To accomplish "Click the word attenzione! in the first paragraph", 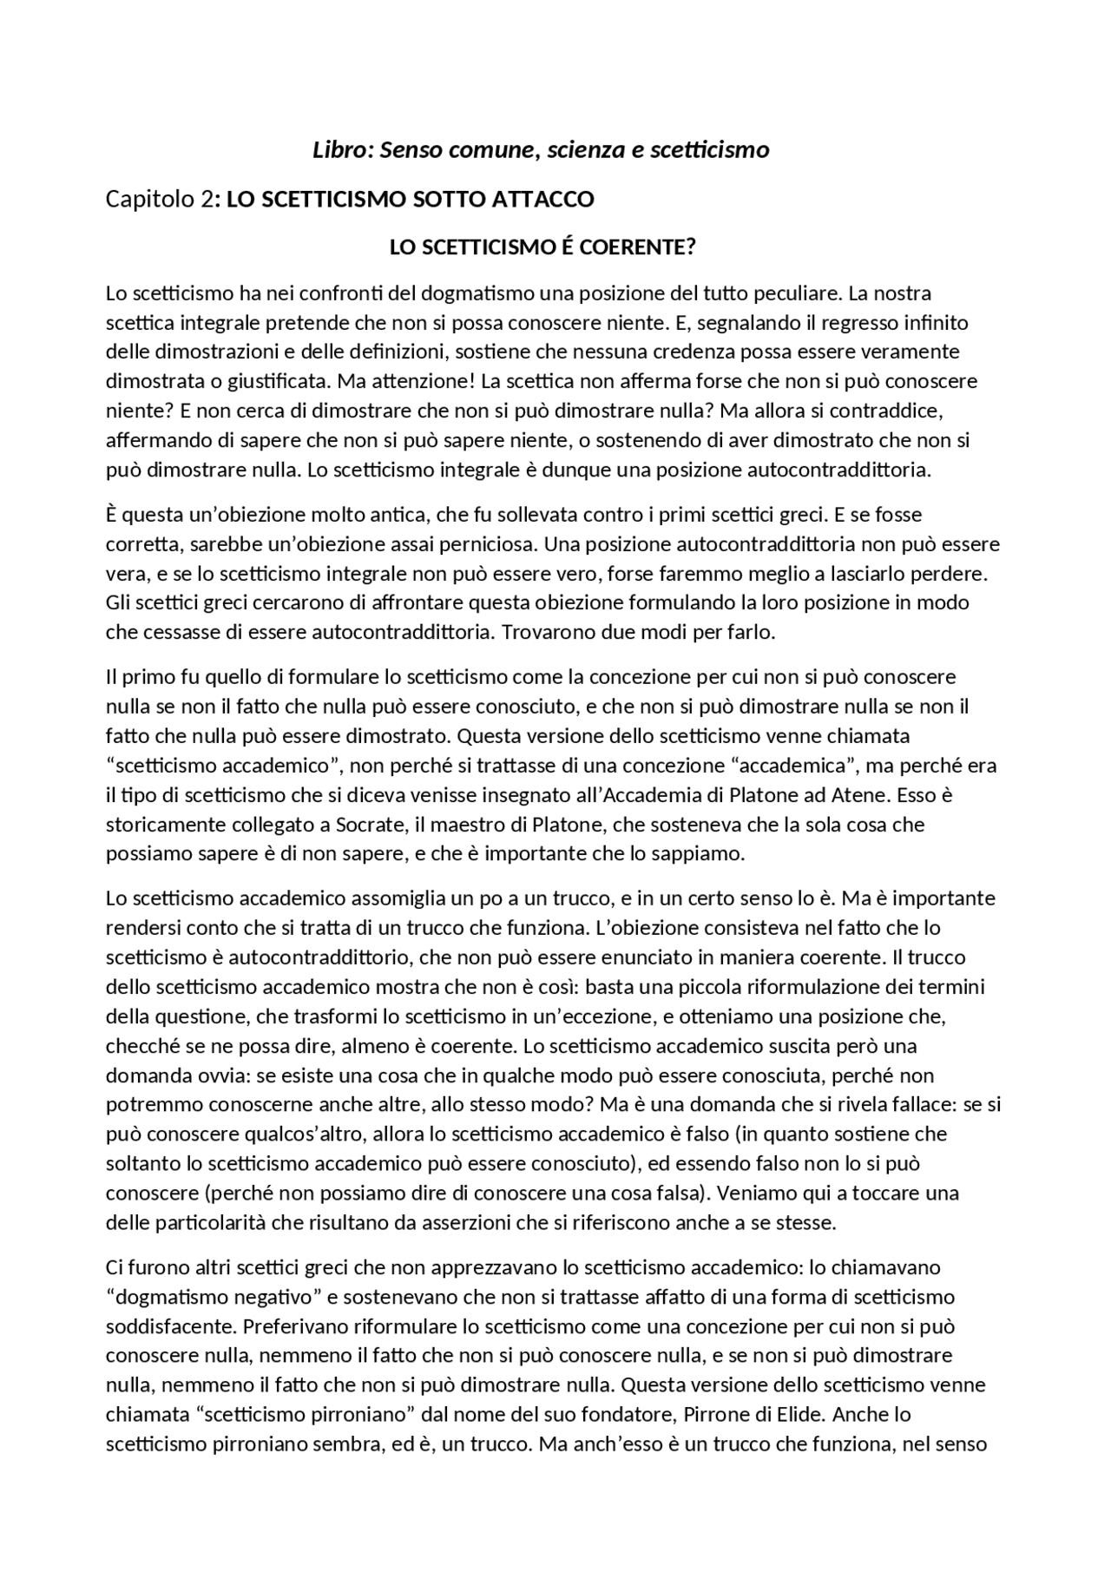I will pos(417,381).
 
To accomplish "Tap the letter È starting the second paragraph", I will pos(112,515).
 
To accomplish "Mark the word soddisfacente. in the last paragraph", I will pos(172,1326).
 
